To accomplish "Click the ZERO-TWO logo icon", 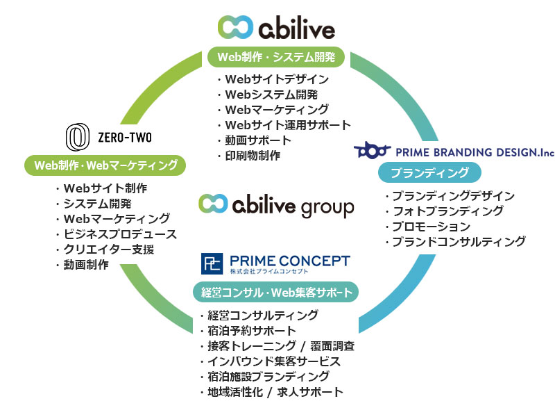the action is [77, 137].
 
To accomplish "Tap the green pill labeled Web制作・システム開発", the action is [275, 57].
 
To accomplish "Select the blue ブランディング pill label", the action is [429, 172].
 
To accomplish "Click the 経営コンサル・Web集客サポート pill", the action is [275, 292].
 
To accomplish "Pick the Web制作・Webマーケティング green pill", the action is [105, 165].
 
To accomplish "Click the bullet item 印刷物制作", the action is [253, 155].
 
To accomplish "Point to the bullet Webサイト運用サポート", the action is [288, 125].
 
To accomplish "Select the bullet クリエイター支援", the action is [109, 250].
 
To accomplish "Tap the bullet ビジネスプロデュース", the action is [120, 234].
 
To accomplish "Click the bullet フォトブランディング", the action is [448, 211].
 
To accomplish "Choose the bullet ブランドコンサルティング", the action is [459, 241].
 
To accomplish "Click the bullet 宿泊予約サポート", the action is [252, 331].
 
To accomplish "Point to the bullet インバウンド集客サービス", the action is [274, 361].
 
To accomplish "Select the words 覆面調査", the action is [332, 345].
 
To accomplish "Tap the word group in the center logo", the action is [327, 208].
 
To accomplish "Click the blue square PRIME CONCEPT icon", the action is [212, 263].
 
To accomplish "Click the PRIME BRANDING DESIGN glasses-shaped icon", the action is [372, 150].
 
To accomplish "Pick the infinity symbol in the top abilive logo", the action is [235, 27].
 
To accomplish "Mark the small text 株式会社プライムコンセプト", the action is [269, 271].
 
